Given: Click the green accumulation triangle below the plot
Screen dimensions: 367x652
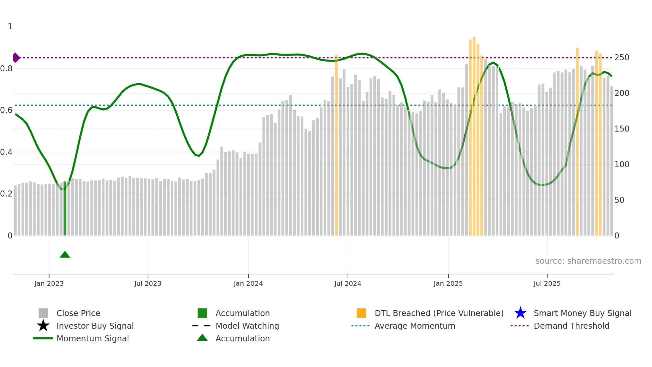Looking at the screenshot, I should point(65,255).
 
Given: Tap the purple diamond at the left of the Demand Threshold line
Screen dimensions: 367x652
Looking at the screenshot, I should point(16,58).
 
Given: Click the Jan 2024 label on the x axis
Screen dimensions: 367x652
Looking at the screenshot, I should point(248,283).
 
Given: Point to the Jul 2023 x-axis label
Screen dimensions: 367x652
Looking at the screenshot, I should point(148,283).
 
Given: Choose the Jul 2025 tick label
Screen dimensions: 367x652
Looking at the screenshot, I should point(547,283).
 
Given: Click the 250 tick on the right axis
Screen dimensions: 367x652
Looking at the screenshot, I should point(622,58).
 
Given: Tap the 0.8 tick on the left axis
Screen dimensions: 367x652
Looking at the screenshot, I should point(6,69).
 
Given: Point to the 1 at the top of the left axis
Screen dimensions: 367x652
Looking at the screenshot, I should point(10,27).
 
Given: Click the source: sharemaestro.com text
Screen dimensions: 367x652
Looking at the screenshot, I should point(588,261).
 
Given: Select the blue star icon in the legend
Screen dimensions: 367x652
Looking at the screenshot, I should point(520,313).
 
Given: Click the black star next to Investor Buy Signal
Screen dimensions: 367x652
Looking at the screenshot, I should point(43,326).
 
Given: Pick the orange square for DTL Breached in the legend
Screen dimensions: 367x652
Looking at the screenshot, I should point(361,313).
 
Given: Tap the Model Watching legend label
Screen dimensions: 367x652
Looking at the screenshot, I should point(247,326).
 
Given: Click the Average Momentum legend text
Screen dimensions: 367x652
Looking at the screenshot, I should point(415,326).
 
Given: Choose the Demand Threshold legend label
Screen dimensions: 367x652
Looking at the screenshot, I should point(571,326).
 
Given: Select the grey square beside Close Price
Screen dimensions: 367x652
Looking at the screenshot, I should point(43,313).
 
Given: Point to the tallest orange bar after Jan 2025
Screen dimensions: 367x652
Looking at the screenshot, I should point(474,137).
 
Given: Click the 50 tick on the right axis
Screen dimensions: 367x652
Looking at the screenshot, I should point(619,200).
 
